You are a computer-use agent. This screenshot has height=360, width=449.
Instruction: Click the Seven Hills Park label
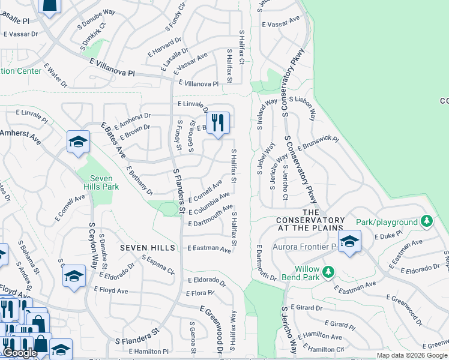104,182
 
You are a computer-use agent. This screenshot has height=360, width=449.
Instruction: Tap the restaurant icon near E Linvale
218,124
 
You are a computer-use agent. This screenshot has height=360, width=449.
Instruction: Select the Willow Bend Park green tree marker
328,272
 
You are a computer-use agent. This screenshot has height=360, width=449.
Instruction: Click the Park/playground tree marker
426,222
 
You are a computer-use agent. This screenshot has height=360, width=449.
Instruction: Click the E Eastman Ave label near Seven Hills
209,248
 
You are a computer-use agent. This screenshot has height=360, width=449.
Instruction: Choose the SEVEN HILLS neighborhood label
147,248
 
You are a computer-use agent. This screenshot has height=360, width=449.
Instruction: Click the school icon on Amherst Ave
77,142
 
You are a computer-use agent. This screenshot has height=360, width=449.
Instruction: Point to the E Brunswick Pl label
318,142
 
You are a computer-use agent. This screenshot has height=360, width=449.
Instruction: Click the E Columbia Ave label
209,204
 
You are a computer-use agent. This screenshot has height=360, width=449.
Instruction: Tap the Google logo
20,353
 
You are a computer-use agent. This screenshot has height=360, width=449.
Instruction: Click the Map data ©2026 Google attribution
412,355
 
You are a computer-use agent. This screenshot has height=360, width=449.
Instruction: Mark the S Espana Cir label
158,265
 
